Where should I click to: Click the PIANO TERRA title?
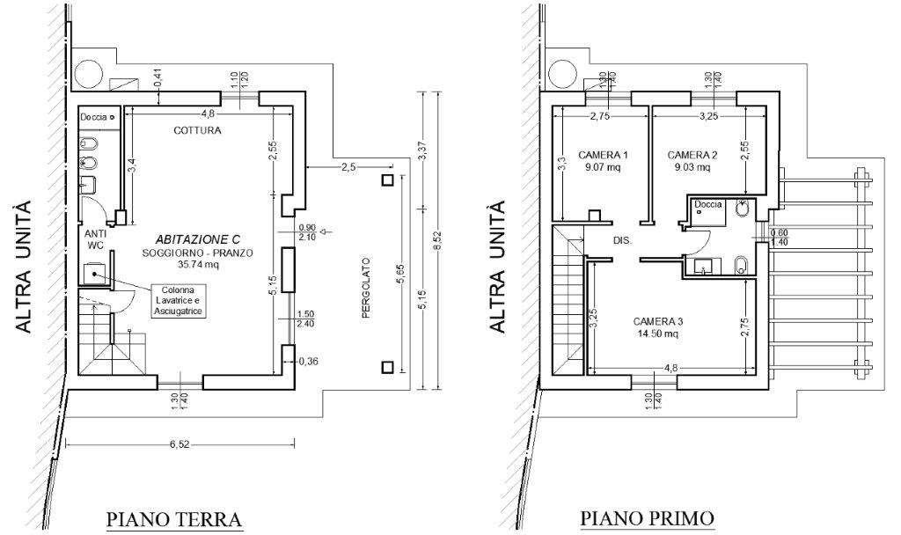tap(173, 518)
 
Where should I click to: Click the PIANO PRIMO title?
tap(647, 518)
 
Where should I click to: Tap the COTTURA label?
tap(197, 130)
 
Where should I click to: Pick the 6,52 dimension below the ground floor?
tap(179, 444)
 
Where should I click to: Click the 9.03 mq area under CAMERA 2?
tap(692, 167)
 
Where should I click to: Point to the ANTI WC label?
tap(95, 239)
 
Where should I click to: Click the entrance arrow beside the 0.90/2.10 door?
tap(326, 232)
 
